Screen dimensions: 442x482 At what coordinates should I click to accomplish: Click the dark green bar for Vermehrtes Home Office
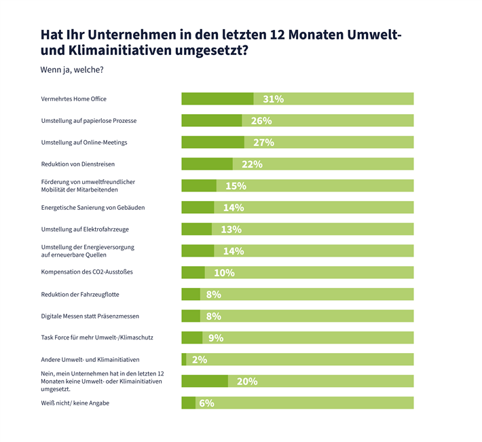tap(217, 99)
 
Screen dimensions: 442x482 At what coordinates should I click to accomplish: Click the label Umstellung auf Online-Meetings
tap(84, 143)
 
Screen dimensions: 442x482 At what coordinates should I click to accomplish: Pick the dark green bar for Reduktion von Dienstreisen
tap(207, 164)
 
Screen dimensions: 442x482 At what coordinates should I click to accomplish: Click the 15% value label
tap(236, 186)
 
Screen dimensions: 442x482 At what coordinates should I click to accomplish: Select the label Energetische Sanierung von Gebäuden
tap(93, 207)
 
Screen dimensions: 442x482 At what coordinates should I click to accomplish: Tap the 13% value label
tap(231, 229)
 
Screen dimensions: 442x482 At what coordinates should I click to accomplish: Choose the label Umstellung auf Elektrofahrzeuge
tap(85, 229)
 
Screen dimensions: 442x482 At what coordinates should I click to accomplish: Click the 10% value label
tap(224, 273)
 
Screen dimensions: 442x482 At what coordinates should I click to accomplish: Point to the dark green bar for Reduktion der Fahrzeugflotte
tap(191, 295)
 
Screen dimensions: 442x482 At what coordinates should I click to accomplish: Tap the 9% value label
tap(216, 338)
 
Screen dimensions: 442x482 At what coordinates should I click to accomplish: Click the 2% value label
tap(200, 360)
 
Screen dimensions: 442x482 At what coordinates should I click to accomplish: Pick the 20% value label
tap(247, 382)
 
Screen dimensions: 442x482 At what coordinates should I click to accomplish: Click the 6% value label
tap(206, 403)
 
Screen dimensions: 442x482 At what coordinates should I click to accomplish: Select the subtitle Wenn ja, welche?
tap(73, 69)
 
